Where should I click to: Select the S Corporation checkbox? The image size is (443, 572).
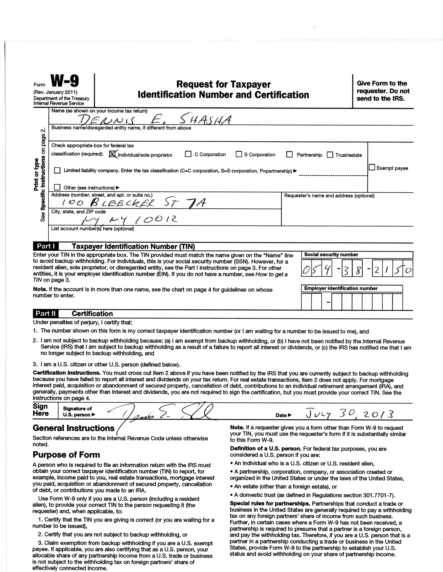[239, 154]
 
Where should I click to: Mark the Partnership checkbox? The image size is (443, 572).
[289, 154]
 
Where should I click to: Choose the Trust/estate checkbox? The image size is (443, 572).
[330, 155]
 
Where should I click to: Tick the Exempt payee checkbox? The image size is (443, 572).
[372, 167]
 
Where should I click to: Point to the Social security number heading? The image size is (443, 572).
[331, 255]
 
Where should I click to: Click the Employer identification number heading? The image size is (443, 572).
[341, 288]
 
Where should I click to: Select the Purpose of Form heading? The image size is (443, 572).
[66, 455]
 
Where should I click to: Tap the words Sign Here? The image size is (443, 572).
[41, 410]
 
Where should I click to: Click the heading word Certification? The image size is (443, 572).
[92, 314]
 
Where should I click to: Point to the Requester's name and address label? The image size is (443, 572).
[329, 196]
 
